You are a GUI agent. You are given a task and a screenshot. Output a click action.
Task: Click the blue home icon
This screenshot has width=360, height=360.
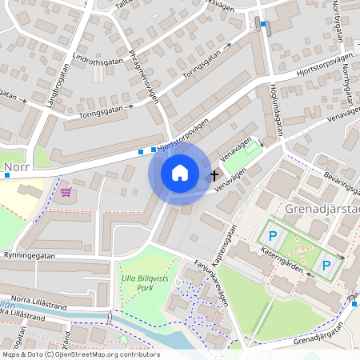point(180,172)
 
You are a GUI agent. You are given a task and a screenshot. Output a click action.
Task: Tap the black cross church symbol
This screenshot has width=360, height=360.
point(214,174)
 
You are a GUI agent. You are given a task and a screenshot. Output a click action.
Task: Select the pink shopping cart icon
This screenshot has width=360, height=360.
point(66,192)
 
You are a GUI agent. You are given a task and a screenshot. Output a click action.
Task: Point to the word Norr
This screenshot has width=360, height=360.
point(18,169)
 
